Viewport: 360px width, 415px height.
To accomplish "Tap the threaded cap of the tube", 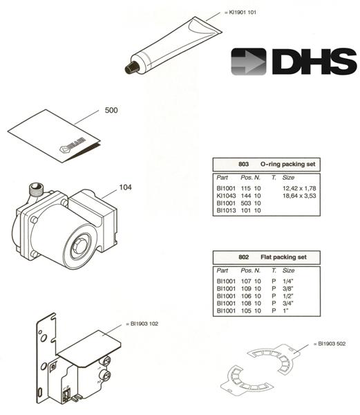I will (x=130, y=67).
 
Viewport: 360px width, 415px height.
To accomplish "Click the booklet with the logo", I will (x=55, y=140).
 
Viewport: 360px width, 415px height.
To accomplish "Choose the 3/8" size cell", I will (x=289, y=288).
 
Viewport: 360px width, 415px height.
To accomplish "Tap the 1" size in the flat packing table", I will (x=285, y=311).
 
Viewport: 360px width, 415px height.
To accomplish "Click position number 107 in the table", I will (x=247, y=281).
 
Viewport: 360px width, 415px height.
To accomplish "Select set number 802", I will (x=243, y=257).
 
